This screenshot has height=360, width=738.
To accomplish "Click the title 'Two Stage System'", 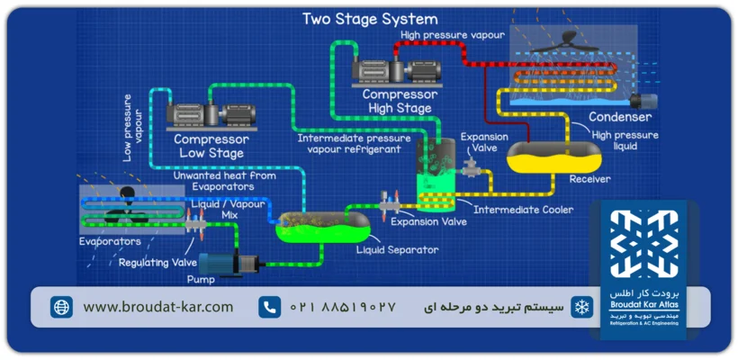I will (370, 19).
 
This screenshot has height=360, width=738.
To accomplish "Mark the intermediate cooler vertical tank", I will (436, 171).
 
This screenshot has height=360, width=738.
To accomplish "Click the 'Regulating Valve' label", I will (157, 262).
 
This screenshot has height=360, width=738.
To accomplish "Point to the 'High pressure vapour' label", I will (447, 35).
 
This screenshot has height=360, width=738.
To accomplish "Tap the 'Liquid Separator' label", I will (397, 249).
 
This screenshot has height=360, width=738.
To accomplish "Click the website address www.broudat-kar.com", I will (158, 307).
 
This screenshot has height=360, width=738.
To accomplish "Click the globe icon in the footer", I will (61, 307).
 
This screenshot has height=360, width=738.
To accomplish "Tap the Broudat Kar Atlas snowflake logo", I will (643, 245).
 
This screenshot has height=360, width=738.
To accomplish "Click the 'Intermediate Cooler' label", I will (523, 211).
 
